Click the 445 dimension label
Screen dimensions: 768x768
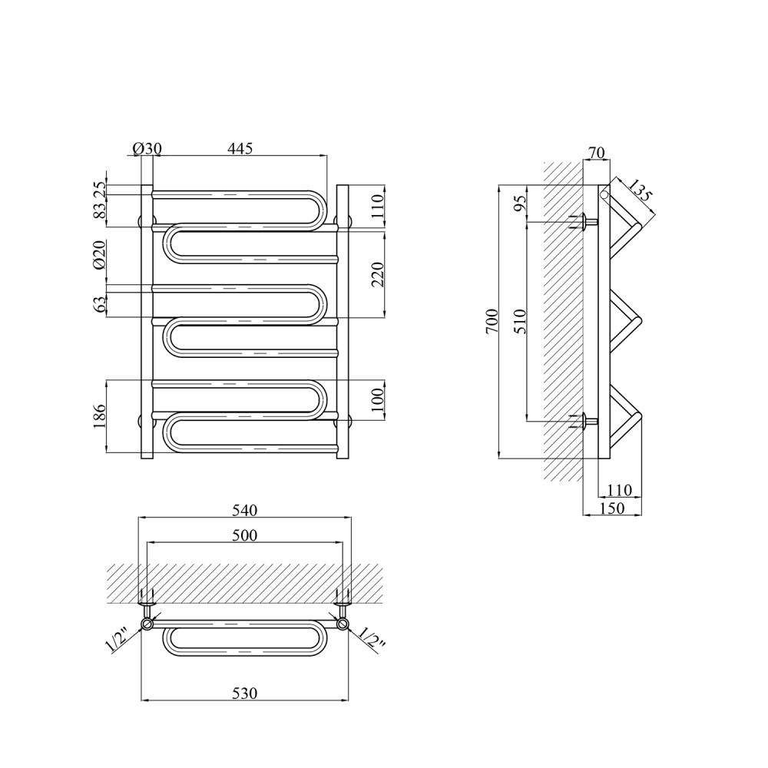pyautogui.click(x=240, y=148)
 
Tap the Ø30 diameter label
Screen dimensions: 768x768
pyautogui.click(x=147, y=148)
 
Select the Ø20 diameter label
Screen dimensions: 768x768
pyautogui.click(x=99, y=255)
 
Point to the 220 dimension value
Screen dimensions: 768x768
pyautogui.click(x=378, y=274)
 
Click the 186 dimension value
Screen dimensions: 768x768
pyautogui.click(x=99, y=415)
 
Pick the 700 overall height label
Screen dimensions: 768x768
pyautogui.click(x=492, y=321)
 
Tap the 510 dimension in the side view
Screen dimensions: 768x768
pyautogui.click(x=520, y=321)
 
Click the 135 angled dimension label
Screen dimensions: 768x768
pyautogui.click(x=641, y=190)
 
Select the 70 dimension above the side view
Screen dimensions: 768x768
pyautogui.click(x=597, y=153)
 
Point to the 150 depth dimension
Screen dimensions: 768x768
pyautogui.click(x=612, y=508)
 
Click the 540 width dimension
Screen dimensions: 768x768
pyautogui.click(x=244, y=511)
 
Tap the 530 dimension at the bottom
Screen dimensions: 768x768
pyautogui.click(x=244, y=693)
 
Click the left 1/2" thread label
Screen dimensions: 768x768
pyautogui.click(x=117, y=641)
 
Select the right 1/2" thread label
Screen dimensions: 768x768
pyautogui.click(x=372, y=641)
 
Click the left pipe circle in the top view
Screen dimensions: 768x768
pyautogui.click(x=147, y=624)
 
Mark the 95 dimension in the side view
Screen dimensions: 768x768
pyautogui.click(x=520, y=203)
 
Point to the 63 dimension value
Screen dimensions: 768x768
pyautogui.click(x=99, y=305)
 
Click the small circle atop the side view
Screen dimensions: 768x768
pyautogui.click(x=604, y=194)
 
